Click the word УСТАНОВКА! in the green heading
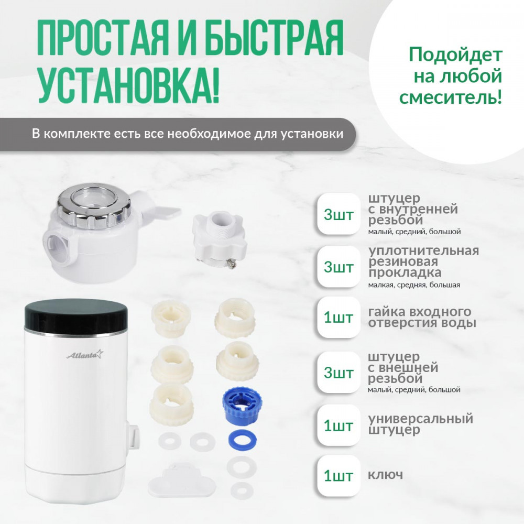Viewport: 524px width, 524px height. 129,83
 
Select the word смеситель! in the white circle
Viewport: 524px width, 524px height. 451,97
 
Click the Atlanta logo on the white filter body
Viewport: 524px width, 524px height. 85,355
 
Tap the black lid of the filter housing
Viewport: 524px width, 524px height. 76,315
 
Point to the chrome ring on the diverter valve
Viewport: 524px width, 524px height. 94,203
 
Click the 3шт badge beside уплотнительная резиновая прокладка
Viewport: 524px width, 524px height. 339,267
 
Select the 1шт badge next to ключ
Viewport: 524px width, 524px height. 339,475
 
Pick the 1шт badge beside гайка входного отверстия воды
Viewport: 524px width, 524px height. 339,317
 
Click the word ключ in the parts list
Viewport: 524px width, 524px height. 385,475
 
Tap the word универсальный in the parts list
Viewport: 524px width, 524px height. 420,418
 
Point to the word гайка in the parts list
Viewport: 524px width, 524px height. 387,312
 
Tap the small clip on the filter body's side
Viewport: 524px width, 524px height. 133,434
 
